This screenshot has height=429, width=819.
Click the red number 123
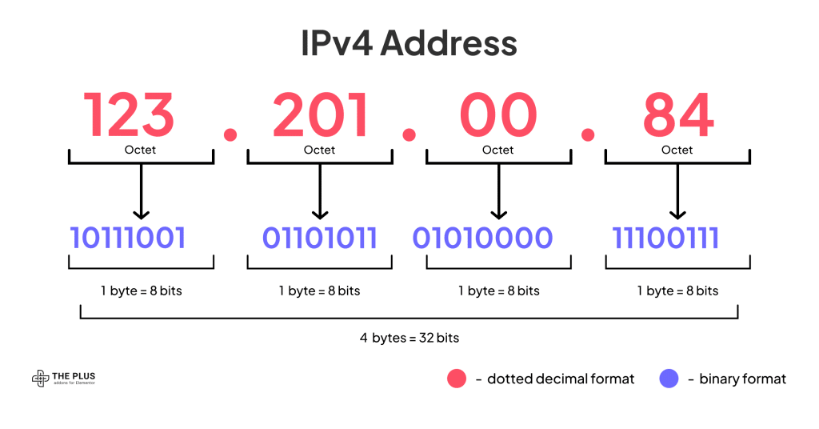tap(129, 114)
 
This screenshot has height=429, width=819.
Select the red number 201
tap(321, 114)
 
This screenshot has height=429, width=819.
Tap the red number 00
tap(498, 114)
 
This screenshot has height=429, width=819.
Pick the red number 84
tap(678, 114)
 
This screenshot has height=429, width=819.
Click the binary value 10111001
tap(128, 238)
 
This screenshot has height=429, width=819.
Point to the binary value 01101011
tap(319, 238)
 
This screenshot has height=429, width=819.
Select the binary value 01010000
tap(482, 238)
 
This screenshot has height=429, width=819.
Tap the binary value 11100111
tap(665, 238)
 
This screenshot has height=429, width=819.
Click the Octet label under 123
tap(140, 150)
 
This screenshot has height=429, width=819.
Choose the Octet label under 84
tap(677, 150)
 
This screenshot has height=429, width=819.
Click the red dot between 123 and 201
tap(230, 134)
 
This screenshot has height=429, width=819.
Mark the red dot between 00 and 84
tap(588, 134)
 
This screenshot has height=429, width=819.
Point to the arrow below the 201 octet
tap(320, 191)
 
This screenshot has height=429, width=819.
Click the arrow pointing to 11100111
tap(677, 191)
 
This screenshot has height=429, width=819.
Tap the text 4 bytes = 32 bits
tap(409, 338)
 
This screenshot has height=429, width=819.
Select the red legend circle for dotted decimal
tap(457, 379)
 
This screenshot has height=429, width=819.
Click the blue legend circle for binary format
tap(669, 379)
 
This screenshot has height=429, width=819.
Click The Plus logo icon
tap(40, 379)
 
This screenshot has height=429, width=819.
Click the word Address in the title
tap(449, 43)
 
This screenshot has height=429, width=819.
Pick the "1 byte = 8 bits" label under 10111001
tap(142, 291)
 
